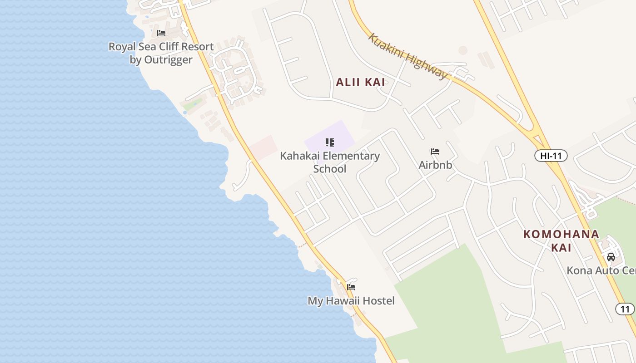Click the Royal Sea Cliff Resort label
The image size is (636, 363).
tap(161, 47)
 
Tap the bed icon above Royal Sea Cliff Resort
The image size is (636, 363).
tap(161, 33)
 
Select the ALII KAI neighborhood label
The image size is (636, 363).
tap(360, 82)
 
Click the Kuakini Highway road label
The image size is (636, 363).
tap(407, 56)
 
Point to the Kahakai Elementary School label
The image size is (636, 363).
tap(330, 162)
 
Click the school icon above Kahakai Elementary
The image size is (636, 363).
tap(330, 142)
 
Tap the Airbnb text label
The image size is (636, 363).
tap(435, 165)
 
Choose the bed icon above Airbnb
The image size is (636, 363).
tap(435, 152)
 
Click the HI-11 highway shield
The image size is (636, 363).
tap(551, 156)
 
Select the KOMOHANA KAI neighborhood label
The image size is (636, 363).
tap(561, 240)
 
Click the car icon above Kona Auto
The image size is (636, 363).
tap(611, 257)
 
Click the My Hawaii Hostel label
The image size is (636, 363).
tap(351, 301)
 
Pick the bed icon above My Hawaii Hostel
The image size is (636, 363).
tap(351, 287)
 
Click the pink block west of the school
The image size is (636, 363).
tap(263, 147)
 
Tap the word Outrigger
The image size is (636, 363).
tap(167, 59)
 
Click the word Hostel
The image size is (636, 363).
tap(378, 301)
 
